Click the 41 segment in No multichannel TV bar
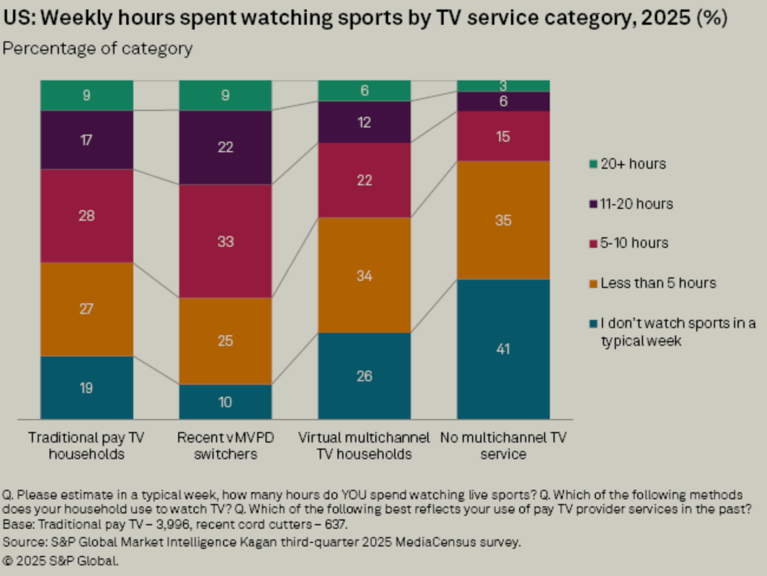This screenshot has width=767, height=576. point(503,349)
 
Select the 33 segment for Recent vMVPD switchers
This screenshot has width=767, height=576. point(225,241)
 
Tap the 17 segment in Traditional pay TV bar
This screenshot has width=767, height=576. point(87,140)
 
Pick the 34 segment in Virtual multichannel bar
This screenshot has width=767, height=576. point(365,276)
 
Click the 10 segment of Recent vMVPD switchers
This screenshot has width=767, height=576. point(225,402)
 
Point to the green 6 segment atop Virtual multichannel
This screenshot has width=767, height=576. point(365,90)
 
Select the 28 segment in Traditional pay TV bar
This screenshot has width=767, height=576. point(87,215)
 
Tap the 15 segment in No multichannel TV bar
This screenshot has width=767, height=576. point(503,136)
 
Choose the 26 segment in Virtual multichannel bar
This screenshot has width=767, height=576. point(365,376)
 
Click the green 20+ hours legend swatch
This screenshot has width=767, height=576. point(594,164)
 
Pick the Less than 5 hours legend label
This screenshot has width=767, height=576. point(658,283)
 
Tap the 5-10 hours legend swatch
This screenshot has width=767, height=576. point(594,244)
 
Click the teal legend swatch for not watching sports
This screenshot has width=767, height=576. point(594,324)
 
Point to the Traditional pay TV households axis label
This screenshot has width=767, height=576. point(87,446)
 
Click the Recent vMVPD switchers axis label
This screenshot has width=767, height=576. point(225,446)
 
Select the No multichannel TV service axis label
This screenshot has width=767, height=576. point(503,446)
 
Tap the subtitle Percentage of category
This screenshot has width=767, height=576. point(97,48)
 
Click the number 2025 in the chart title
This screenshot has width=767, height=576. point(666,18)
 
